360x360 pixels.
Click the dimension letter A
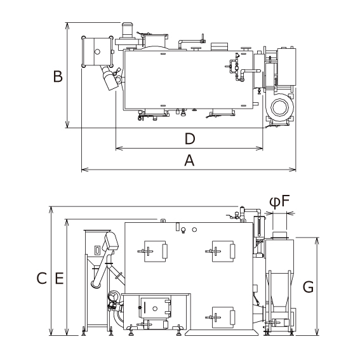pos(189,160)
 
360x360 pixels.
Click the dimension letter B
pos(58,76)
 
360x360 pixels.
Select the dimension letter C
pos(41,278)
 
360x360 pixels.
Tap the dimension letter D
pos(190,139)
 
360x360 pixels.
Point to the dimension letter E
pos(59,278)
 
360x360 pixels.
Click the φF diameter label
pos(279,202)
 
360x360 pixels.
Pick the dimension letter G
pos(308,287)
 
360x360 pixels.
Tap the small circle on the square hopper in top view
pos(97,51)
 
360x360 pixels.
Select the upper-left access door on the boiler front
pos(155,251)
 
